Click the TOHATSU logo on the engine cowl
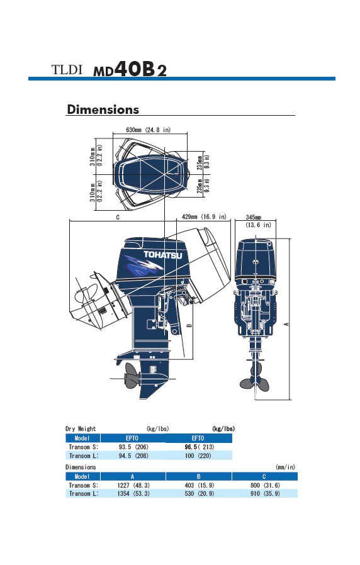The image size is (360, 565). point(163,255)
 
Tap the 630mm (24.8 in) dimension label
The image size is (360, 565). point(149,130)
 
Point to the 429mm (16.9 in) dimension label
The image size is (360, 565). point(205,217)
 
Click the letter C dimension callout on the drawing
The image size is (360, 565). point(118,218)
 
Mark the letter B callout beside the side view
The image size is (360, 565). point(189,325)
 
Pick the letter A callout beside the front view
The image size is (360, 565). point(286,324)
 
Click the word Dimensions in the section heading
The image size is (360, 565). point(103,109)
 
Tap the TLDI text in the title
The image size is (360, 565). point(67,70)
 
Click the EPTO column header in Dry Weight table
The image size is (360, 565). point(132,438)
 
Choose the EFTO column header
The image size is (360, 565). point(198,438)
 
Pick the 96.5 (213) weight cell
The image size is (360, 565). point(200,447)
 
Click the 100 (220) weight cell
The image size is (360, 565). point(198,456)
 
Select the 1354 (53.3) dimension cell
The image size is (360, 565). point(133,494)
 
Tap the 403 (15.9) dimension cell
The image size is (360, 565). point(200,485)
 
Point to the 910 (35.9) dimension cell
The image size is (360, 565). point(265,494)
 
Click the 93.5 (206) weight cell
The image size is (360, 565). point(133,447)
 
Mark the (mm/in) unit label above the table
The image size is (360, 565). point(285,467)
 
